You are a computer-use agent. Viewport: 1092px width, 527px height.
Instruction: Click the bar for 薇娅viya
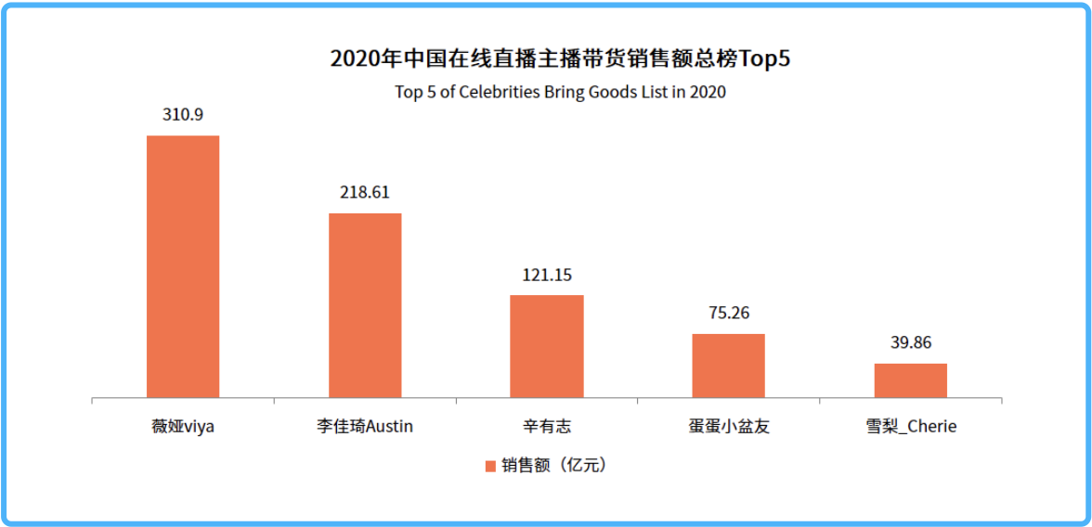183,267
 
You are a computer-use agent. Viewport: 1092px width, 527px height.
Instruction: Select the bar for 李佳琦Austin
365,306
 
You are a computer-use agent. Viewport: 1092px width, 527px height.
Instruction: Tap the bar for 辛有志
547,347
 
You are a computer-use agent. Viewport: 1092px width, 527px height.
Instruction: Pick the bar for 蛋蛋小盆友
729,366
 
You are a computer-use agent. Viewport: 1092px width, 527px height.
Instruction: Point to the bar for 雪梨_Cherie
911,381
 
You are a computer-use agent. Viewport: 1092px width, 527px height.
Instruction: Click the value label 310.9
183,115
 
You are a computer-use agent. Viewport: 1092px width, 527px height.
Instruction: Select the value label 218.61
365,193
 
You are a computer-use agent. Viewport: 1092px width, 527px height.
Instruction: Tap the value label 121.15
547,275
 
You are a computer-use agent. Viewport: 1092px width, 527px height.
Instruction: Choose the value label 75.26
729,313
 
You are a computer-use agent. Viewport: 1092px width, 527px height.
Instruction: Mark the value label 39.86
911,343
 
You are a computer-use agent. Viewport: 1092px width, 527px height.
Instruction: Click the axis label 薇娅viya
183,428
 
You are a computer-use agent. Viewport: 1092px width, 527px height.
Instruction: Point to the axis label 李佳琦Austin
365,428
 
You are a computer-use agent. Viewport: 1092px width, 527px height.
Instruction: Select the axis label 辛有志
547,428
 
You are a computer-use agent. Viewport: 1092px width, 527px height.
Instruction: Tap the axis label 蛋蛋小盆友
729,428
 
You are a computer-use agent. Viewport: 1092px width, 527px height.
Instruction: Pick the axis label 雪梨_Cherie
911,428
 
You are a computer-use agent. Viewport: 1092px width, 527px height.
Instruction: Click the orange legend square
490,466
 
